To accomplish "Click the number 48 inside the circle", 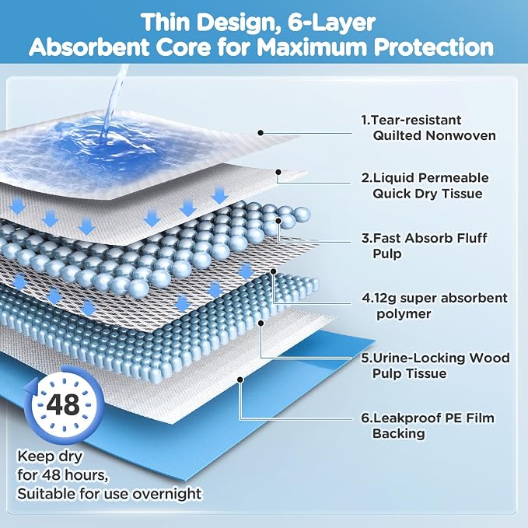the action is [63, 404].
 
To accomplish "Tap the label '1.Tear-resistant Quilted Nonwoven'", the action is [428, 128].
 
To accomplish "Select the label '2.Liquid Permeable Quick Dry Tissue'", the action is [425, 186].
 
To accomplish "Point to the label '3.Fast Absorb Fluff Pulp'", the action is [425, 246].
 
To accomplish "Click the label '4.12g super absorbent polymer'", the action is [435, 306].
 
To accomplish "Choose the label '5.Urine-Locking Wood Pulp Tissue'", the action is [435, 365].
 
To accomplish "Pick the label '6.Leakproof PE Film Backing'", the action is [428, 425].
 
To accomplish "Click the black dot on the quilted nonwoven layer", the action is [261, 133].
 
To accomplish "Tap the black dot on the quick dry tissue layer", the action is [278, 172].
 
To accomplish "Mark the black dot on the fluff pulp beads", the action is [278, 221].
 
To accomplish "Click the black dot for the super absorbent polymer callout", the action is [274, 271].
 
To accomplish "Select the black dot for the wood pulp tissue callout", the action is [261, 323].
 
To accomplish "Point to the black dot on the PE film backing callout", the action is [240, 379].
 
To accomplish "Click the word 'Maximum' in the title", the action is [313, 47].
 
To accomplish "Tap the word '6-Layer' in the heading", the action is [331, 23].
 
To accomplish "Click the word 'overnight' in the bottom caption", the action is [167, 494].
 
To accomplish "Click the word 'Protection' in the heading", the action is [434, 47].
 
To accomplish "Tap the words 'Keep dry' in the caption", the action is [50, 456].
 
